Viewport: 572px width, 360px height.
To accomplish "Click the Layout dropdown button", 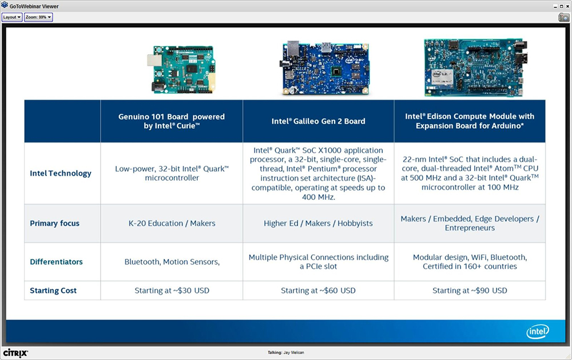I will click(x=12, y=17).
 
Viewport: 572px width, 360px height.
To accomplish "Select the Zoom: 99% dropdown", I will click(x=38, y=17).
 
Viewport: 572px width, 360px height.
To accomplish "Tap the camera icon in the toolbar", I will click(x=563, y=17).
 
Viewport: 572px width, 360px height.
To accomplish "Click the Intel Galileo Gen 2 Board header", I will click(x=318, y=121).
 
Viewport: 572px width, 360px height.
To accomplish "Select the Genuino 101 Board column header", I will click(x=172, y=121).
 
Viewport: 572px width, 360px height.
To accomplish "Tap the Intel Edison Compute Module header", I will click(x=470, y=121).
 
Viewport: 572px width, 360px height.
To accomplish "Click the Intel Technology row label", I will click(x=61, y=173).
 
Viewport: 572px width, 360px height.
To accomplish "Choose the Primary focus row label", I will click(x=55, y=223).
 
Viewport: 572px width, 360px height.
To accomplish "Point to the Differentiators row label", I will click(x=57, y=262).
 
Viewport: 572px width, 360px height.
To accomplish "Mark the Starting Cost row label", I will click(x=53, y=291).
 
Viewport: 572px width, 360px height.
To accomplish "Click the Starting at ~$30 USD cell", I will click(x=172, y=291).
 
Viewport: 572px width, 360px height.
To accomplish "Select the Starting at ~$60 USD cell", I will click(x=318, y=291).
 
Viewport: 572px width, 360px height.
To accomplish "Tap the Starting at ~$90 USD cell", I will click(x=470, y=291).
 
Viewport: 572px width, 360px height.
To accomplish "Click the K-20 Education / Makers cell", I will click(x=172, y=223).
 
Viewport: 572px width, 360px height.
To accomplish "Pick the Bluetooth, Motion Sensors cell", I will click(x=172, y=262).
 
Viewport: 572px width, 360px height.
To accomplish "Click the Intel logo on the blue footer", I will click(x=537, y=331).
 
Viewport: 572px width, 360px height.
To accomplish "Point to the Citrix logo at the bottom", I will click(x=15, y=353).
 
